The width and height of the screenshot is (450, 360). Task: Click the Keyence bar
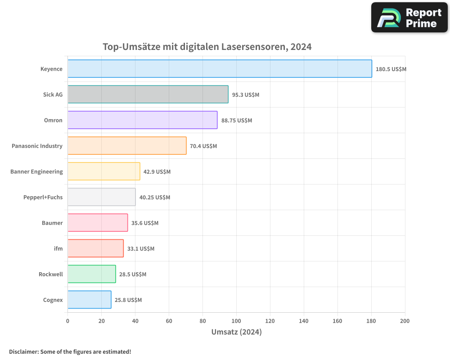tap(220, 69)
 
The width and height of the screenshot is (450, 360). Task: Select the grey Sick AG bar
tap(148, 94)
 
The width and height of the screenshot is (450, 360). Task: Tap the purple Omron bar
tap(142, 120)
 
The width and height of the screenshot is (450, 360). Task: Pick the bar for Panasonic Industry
tap(127, 146)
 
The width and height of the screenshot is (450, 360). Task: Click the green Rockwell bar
tap(91, 274)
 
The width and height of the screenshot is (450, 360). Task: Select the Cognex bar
tap(89, 300)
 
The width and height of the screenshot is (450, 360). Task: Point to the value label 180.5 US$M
tap(391, 69)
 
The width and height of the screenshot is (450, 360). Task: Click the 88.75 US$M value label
tap(236, 121)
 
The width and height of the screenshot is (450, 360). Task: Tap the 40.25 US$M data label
tap(154, 198)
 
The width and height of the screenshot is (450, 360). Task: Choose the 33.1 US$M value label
tap(140, 249)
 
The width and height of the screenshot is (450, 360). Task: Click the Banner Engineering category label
tap(36, 171)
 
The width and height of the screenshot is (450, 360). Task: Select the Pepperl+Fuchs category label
tap(43, 197)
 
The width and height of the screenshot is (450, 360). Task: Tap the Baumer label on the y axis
tap(52, 223)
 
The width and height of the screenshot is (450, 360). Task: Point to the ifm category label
tap(58, 248)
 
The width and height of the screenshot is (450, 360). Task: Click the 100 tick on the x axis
tap(236, 321)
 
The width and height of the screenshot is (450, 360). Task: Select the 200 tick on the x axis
tap(405, 321)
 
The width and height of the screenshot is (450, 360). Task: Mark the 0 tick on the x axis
tap(67, 321)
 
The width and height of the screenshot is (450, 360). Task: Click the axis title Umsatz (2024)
tap(236, 332)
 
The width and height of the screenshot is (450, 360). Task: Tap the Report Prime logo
tap(409, 18)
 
